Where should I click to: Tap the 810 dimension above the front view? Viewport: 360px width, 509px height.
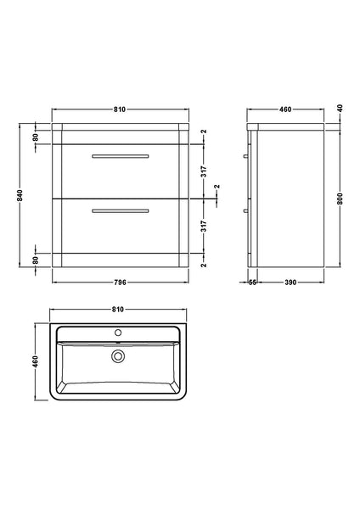click(x=120, y=109)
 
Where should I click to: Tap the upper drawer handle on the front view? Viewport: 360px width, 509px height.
click(x=120, y=157)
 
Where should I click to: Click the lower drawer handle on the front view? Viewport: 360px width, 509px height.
click(x=120, y=210)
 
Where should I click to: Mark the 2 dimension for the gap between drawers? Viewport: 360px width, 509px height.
click(x=217, y=187)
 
